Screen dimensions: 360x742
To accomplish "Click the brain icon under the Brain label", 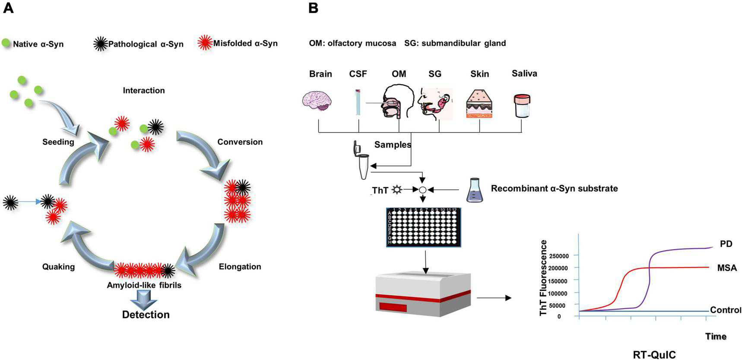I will click(x=317, y=101).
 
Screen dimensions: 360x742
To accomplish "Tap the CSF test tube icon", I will click(x=358, y=102).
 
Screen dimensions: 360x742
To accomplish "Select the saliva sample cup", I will click(x=522, y=106).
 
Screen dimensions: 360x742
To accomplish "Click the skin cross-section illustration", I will click(x=479, y=104).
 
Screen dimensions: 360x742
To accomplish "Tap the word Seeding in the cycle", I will click(x=58, y=142).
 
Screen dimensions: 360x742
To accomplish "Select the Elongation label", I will click(x=240, y=267).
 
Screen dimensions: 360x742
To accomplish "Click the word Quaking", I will click(x=58, y=267).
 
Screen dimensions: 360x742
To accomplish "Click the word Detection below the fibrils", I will click(x=146, y=314).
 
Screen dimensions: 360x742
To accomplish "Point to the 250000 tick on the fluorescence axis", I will click(x=558, y=256).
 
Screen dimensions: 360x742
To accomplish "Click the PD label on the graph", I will click(x=726, y=244).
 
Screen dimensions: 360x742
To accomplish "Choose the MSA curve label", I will click(x=727, y=268).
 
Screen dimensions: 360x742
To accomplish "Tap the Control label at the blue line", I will click(x=725, y=310).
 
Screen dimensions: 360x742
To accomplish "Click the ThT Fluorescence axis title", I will click(x=543, y=278).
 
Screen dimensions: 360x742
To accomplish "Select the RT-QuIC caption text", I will click(x=654, y=354).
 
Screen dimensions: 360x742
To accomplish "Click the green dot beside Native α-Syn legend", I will click(x=6, y=43).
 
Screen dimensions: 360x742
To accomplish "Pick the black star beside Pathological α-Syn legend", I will click(x=100, y=44).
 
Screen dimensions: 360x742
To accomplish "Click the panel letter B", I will click(x=314, y=8).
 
